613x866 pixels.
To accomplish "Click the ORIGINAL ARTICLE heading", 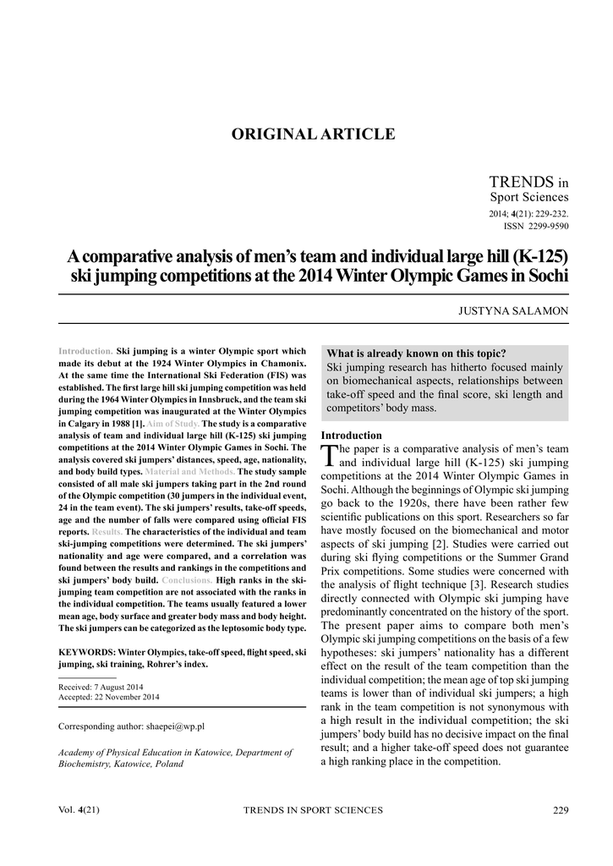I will click(313, 134).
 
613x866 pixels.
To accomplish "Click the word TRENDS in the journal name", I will click(520, 182).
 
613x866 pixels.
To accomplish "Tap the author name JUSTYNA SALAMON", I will click(513, 310).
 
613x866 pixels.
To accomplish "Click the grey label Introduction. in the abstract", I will click(85, 350).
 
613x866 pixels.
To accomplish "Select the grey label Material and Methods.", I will click(190, 469).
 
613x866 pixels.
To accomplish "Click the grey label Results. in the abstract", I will click(107, 531).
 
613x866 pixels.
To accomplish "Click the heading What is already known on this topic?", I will click(416, 354).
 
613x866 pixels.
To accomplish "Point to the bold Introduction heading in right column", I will click(351, 435).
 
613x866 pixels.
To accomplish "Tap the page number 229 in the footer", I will click(560, 810).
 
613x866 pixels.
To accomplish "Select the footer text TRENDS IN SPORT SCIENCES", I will click(313, 810).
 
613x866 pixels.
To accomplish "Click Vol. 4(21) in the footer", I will click(79, 810).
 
